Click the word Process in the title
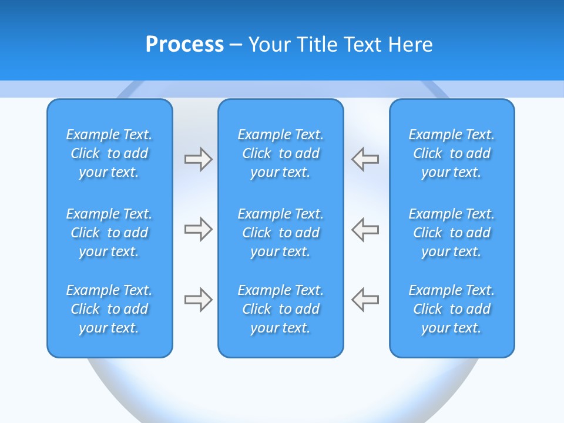(x=184, y=45)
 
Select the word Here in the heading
(x=411, y=45)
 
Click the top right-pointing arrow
(x=198, y=159)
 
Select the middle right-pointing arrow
(x=198, y=229)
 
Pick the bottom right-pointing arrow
(x=198, y=300)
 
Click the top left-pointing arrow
(x=365, y=159)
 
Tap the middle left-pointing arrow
(x=365, y=229)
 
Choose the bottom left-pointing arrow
(x=365, y=300)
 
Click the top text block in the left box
(x=109, y=153)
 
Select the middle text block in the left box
(x=109, y=233)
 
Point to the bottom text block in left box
(x=109, y=309)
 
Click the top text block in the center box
(x=281, y=153)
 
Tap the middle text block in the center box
(x=281, y=233)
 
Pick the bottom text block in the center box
(x=281, y=309)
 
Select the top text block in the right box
(x=452, y=153)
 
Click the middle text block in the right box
(x=452, y=233)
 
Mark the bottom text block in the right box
(x=452, y=309)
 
